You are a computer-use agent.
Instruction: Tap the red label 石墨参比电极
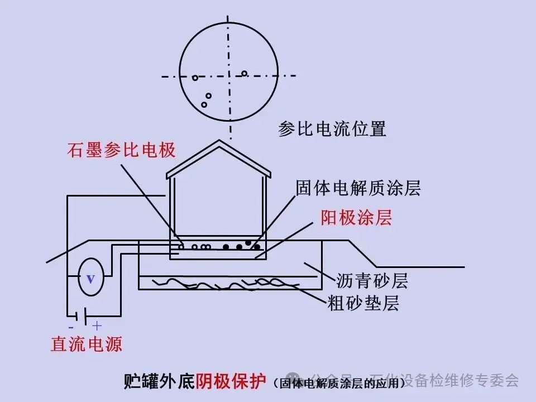[x=122, y=150]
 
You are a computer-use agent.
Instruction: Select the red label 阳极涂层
[x=356, y=218]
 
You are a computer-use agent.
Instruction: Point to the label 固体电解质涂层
[x=358, y=188]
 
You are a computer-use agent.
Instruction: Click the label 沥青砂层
[x=372, y=280]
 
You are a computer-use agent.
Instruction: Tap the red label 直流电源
[x=87, y=343]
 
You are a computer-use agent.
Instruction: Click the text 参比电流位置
[x=332, y=129]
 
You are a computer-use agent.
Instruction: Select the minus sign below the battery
[x=71, y=326]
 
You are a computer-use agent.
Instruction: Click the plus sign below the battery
[x=97, y=326]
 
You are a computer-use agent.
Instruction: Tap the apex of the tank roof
[x=219, y=142]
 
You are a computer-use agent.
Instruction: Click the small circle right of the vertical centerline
[x=245, y=73]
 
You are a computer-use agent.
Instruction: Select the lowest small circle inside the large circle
[x=204, y=104]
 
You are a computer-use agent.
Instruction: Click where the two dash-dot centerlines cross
[x=229, y=76]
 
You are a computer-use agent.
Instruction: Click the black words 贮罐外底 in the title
[x=159, y=381]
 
